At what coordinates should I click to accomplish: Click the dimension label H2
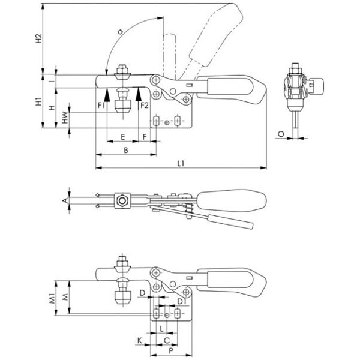(38, 40)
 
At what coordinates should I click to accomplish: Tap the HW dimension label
(65, 118)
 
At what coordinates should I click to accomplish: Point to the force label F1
(101, 106)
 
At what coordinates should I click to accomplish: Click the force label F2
(145, 106)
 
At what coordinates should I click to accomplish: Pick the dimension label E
(122, 136)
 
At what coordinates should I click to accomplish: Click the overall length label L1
(181, 163)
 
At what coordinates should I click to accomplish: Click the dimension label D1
(179, 300)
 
